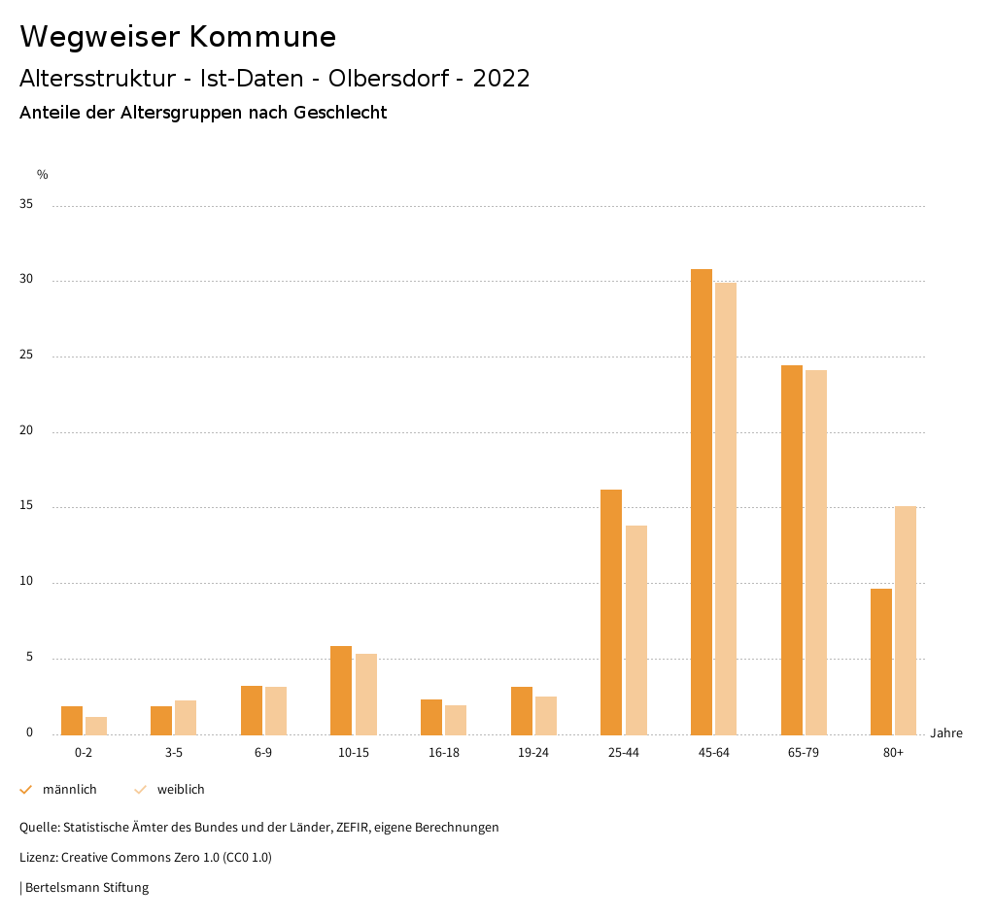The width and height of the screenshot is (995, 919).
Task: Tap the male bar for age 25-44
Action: (x=610, y=612)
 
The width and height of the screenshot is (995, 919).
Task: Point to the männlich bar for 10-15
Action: (x=340, y=690)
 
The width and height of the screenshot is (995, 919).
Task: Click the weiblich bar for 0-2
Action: (x=95, y=726)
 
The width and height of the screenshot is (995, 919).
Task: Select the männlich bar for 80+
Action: (x=880, y=662)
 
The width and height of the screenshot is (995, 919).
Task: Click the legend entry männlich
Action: (x=69, y=790)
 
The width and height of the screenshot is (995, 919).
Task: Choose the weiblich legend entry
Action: (x=181, y=790)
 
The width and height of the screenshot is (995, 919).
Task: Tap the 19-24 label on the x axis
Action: (x=533, y=753)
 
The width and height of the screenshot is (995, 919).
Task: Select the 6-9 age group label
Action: (x=263, y=753)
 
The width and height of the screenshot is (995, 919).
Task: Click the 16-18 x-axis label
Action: (x=443, y=753)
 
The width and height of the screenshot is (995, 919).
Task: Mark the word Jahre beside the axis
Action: (x=945, y=733)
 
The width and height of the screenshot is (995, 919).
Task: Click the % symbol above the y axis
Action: (x=43, y=175)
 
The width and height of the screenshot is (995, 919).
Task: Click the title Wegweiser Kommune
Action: (x=178, y=37)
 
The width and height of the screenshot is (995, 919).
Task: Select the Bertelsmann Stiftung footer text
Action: (x=86, y=887)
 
